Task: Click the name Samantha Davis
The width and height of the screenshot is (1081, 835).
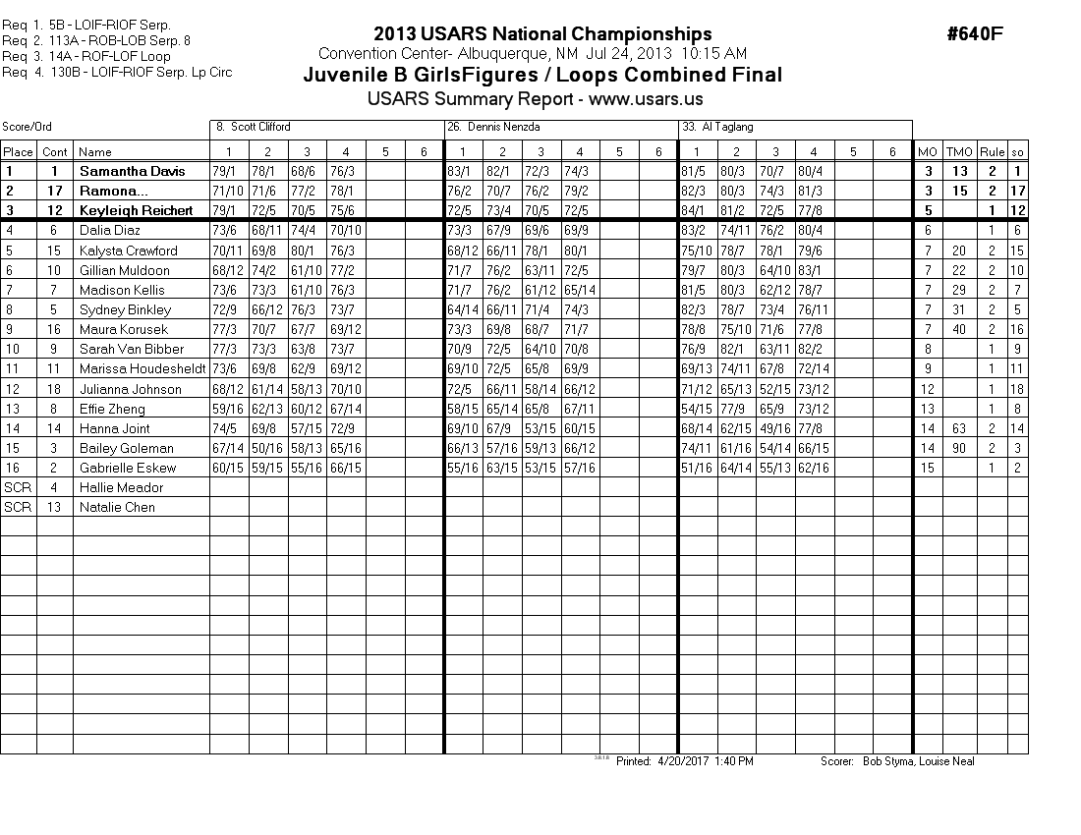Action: point(132,171)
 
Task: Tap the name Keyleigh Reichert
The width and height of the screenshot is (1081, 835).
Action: point(137,210)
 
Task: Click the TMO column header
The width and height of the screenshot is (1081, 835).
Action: point(959,151)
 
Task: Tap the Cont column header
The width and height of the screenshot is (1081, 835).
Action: point(55,151)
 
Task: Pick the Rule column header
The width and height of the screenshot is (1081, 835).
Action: point(992,151)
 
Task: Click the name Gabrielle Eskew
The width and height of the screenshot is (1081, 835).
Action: point(128,468)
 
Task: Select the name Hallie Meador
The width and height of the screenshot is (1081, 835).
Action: point(121,487)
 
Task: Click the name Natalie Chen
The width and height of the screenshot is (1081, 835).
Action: point(117,507)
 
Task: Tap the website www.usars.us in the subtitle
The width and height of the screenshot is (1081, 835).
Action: point(646,99)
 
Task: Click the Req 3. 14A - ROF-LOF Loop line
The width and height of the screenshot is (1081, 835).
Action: point(86,56)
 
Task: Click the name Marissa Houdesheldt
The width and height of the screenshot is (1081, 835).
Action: point(142,368)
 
